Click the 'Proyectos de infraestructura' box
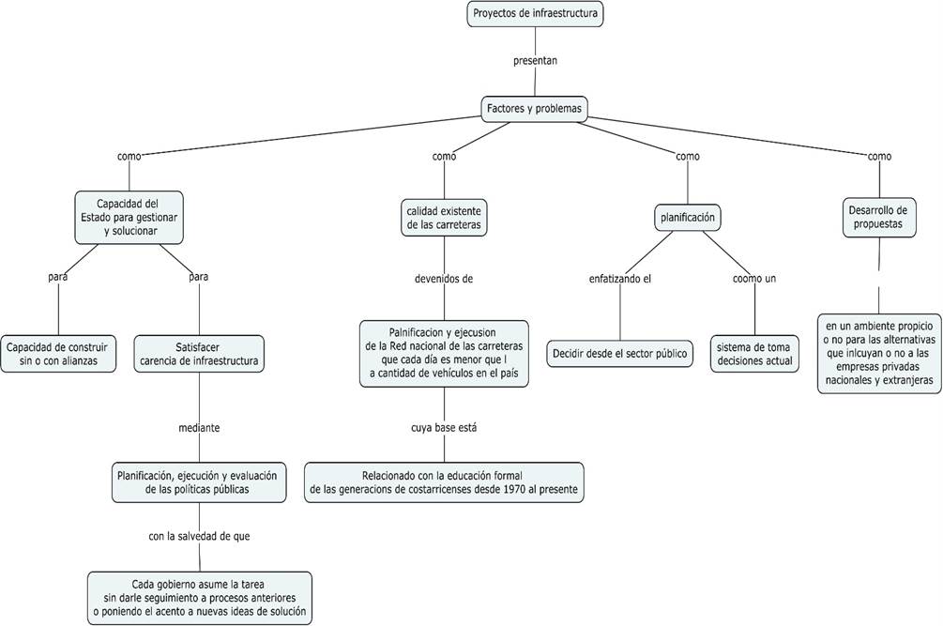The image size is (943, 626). tap(534, 14)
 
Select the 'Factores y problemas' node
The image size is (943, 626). tap(534, 109)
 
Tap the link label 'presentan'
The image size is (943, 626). tap(535, 61)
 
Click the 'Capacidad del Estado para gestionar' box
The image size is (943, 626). tap(129, 217)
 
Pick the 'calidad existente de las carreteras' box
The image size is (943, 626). tap(444, 218)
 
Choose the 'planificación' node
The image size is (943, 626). tap(688, 218)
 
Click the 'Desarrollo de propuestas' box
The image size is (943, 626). tap(878, 217)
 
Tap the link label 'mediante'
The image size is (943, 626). tap(199, 428)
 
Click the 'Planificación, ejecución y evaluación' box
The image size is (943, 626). tap(198, 481)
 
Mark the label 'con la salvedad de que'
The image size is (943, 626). tap(199, 536)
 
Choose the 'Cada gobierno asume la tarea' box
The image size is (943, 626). tap(198, 597)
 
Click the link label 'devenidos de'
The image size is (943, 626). tap(444, 278)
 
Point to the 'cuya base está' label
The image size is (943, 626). tap(443, 428)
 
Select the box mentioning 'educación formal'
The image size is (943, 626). tap(444, 481)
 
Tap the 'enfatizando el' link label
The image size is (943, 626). tap(619, 278)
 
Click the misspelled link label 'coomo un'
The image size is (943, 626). tap(754, 278)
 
